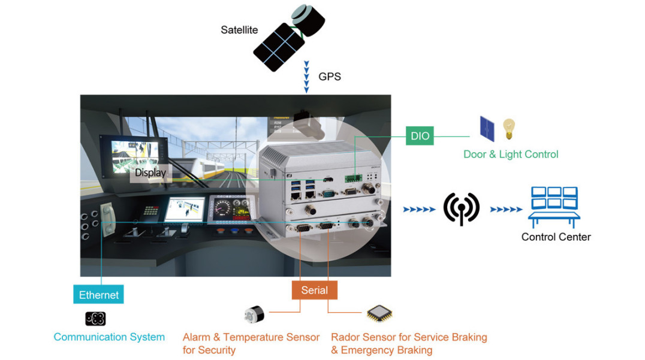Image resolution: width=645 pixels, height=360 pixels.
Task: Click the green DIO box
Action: click(x=420, y=135)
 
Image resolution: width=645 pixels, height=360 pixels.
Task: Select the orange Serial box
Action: click(x=315, y=290)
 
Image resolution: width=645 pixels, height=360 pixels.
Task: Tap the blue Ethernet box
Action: click(x=98, y=294)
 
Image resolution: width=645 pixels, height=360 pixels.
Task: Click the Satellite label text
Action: click(x=239, y=30)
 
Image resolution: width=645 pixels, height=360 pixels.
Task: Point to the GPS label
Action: click(x=330, y=77)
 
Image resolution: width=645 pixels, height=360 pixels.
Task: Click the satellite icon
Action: click(x=289, y=37)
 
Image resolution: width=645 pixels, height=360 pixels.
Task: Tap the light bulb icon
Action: click(x=509, y=129)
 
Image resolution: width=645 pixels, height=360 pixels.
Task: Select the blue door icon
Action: click(x=487, y=129)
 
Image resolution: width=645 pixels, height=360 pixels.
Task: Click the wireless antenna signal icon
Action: click(x=461, y=209)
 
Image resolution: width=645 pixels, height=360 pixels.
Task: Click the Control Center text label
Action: click(x=556, y=237)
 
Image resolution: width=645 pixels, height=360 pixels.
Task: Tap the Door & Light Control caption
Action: click(x=511, y=155)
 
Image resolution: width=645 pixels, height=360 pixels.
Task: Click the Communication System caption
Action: click(x=109, y=337)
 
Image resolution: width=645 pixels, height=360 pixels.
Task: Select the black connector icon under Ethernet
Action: click(x=95, y=319)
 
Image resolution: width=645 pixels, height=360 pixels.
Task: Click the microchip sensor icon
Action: click(x=379, y=313)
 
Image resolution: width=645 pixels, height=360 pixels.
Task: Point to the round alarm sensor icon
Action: click(x=254, y=315)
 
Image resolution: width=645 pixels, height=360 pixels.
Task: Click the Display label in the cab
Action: click(x=150, y=173)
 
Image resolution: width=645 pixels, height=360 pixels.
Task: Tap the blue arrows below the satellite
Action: click(x=306, y=77)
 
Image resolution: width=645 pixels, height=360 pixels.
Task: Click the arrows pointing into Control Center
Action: click(x=506, y=210)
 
